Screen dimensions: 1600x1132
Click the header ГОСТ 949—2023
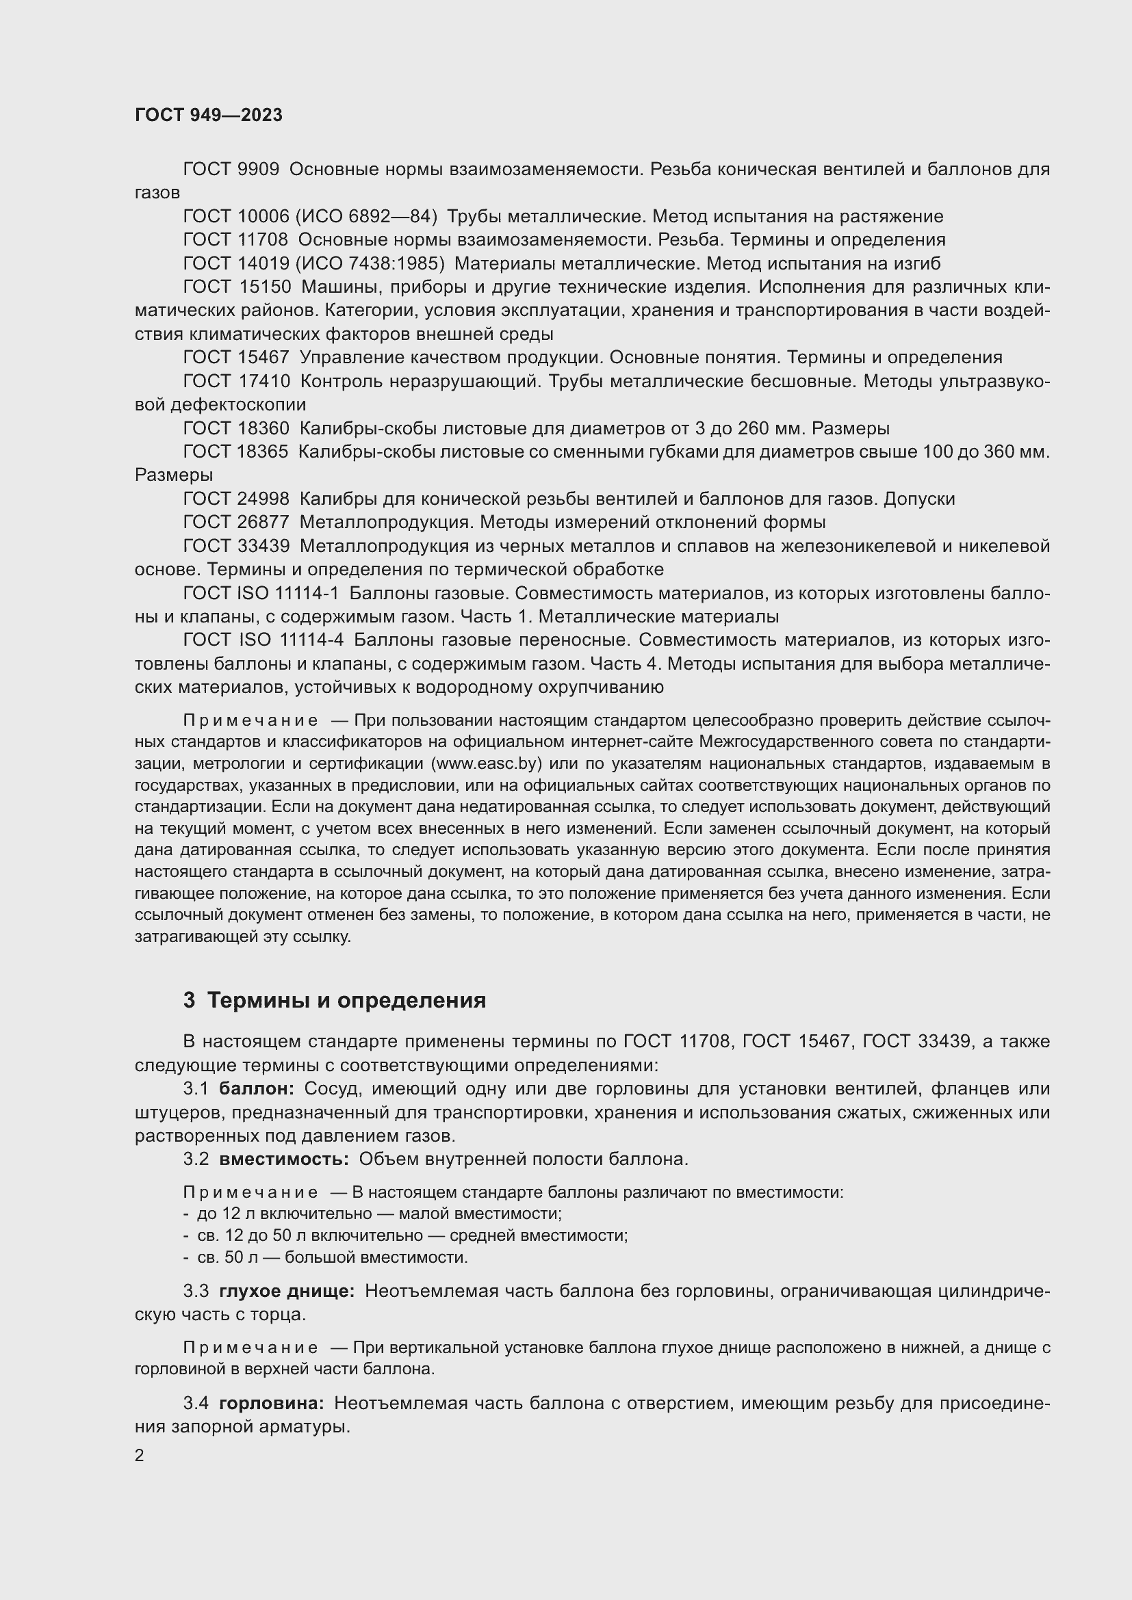tap(209, 115)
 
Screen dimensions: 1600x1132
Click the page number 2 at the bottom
tap(140, 1455)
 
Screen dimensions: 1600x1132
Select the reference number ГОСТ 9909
tap(231, 170)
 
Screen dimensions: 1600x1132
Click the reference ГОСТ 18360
tap(235, 428)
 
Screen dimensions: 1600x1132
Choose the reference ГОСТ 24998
tap(235, 499)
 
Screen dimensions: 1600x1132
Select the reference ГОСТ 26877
tap(235, 522)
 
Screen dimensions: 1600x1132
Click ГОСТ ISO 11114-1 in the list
tap(261, 593)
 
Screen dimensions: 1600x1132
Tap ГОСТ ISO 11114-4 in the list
tap(263, 640)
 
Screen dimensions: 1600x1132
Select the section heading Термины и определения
tap(346, 1000)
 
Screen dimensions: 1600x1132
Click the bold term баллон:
tap(257, 1088)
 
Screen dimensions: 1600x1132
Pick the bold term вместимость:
tap(284, 1159)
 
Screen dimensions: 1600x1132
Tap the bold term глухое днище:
tap(287, 1291)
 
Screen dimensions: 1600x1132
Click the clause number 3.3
tap(196, 1291)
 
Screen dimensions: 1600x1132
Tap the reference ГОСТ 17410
tap(235, 381)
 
